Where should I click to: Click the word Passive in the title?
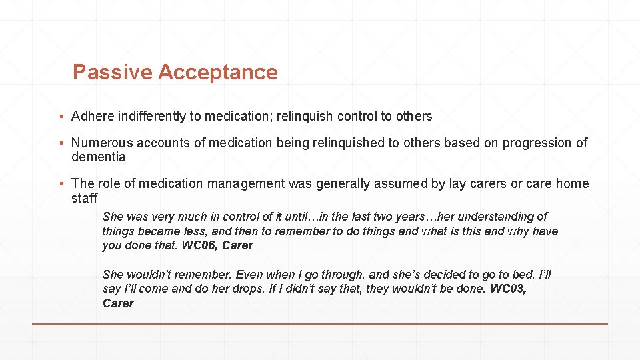tap(112, 72)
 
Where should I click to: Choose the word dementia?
tap(98, 157)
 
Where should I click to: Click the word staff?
tap(84, 198)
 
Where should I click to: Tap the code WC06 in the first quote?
tap(198, 245)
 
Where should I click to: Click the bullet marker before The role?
tap(61, 184)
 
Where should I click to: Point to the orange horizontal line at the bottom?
tap(320, 324)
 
